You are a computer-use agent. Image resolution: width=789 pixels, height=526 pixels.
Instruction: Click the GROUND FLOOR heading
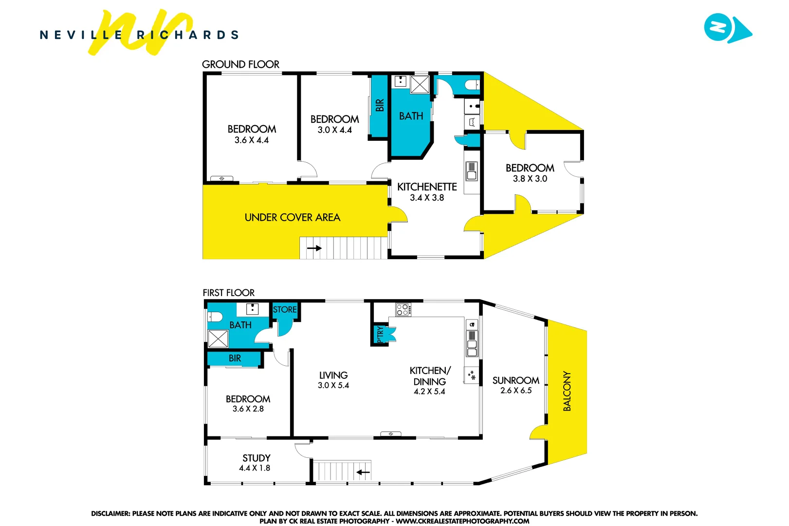[x=240, y=64]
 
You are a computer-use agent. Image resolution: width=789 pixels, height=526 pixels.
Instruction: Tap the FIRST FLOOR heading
[x=228, y=293]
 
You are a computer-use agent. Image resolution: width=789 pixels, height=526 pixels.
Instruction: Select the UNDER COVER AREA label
[x=292, y=217]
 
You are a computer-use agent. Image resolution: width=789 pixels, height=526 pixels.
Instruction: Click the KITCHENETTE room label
[x=427, y=187]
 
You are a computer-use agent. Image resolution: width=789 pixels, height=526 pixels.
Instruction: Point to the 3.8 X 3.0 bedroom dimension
[x=530, y=179]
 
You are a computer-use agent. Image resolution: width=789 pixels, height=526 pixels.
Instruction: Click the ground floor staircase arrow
[x=314, y=248]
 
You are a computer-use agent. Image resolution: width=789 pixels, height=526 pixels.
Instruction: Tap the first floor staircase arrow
[x=363, y=472]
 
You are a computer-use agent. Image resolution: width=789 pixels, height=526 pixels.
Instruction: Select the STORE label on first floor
[x=285, y=310]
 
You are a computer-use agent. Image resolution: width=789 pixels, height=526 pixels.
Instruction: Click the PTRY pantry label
[x=380, y=334]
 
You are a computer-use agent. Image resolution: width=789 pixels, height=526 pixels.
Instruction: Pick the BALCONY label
[x=567, y=391]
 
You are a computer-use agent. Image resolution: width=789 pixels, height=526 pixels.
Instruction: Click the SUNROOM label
[x=515, y=380]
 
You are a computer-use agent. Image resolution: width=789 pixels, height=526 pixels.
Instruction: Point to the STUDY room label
[x=256, y=458]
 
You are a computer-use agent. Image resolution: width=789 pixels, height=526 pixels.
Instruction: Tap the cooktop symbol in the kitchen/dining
[x=403, y=309]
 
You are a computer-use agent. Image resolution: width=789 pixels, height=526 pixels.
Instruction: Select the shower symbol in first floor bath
[x=218, y=338]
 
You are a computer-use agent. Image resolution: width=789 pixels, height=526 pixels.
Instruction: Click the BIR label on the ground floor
[x=380, y=105]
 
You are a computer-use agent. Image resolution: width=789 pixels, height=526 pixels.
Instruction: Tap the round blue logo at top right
[x=718, y=28]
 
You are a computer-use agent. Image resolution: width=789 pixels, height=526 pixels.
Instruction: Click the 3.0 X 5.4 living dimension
[x=333, y=385]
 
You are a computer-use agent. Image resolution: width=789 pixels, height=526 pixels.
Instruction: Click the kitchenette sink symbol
[x=471, y=171]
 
